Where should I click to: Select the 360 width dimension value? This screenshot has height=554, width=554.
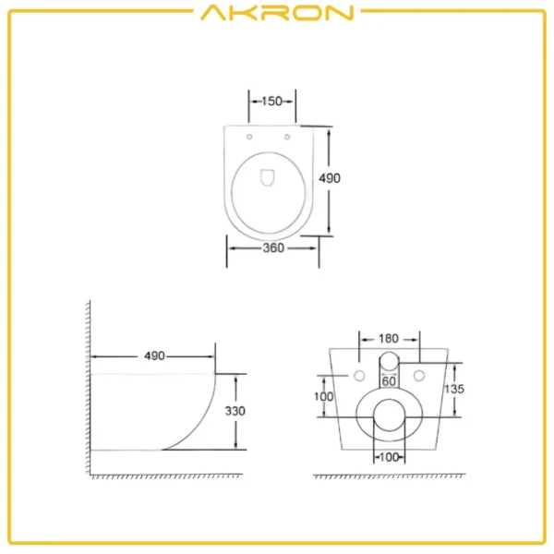(272, 247)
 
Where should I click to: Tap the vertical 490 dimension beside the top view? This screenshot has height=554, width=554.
(331, 178)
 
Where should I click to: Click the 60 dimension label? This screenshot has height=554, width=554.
(389, 380)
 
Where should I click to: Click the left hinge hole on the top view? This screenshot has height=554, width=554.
(251, 138)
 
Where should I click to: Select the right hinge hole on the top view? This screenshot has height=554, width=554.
(290, 138)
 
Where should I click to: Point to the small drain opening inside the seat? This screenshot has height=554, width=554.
(270, 176)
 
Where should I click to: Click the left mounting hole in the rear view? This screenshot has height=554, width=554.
(357, 375)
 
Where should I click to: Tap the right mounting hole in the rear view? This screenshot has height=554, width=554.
(419, 375)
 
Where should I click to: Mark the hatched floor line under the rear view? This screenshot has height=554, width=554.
(388, 477)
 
